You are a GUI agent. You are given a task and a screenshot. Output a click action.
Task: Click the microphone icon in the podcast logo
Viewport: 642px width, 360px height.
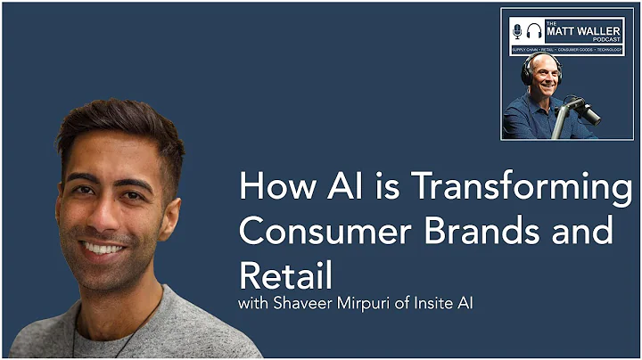[517, 30]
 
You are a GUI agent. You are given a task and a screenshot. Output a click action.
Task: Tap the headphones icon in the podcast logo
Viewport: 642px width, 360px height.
[536, 30]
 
